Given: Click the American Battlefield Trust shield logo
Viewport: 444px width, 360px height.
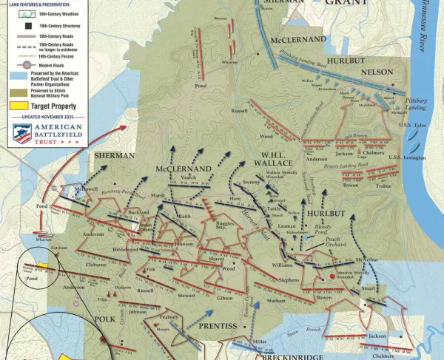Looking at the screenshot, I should [22, 134].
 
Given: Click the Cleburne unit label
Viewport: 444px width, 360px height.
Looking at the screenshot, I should [97, 264].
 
